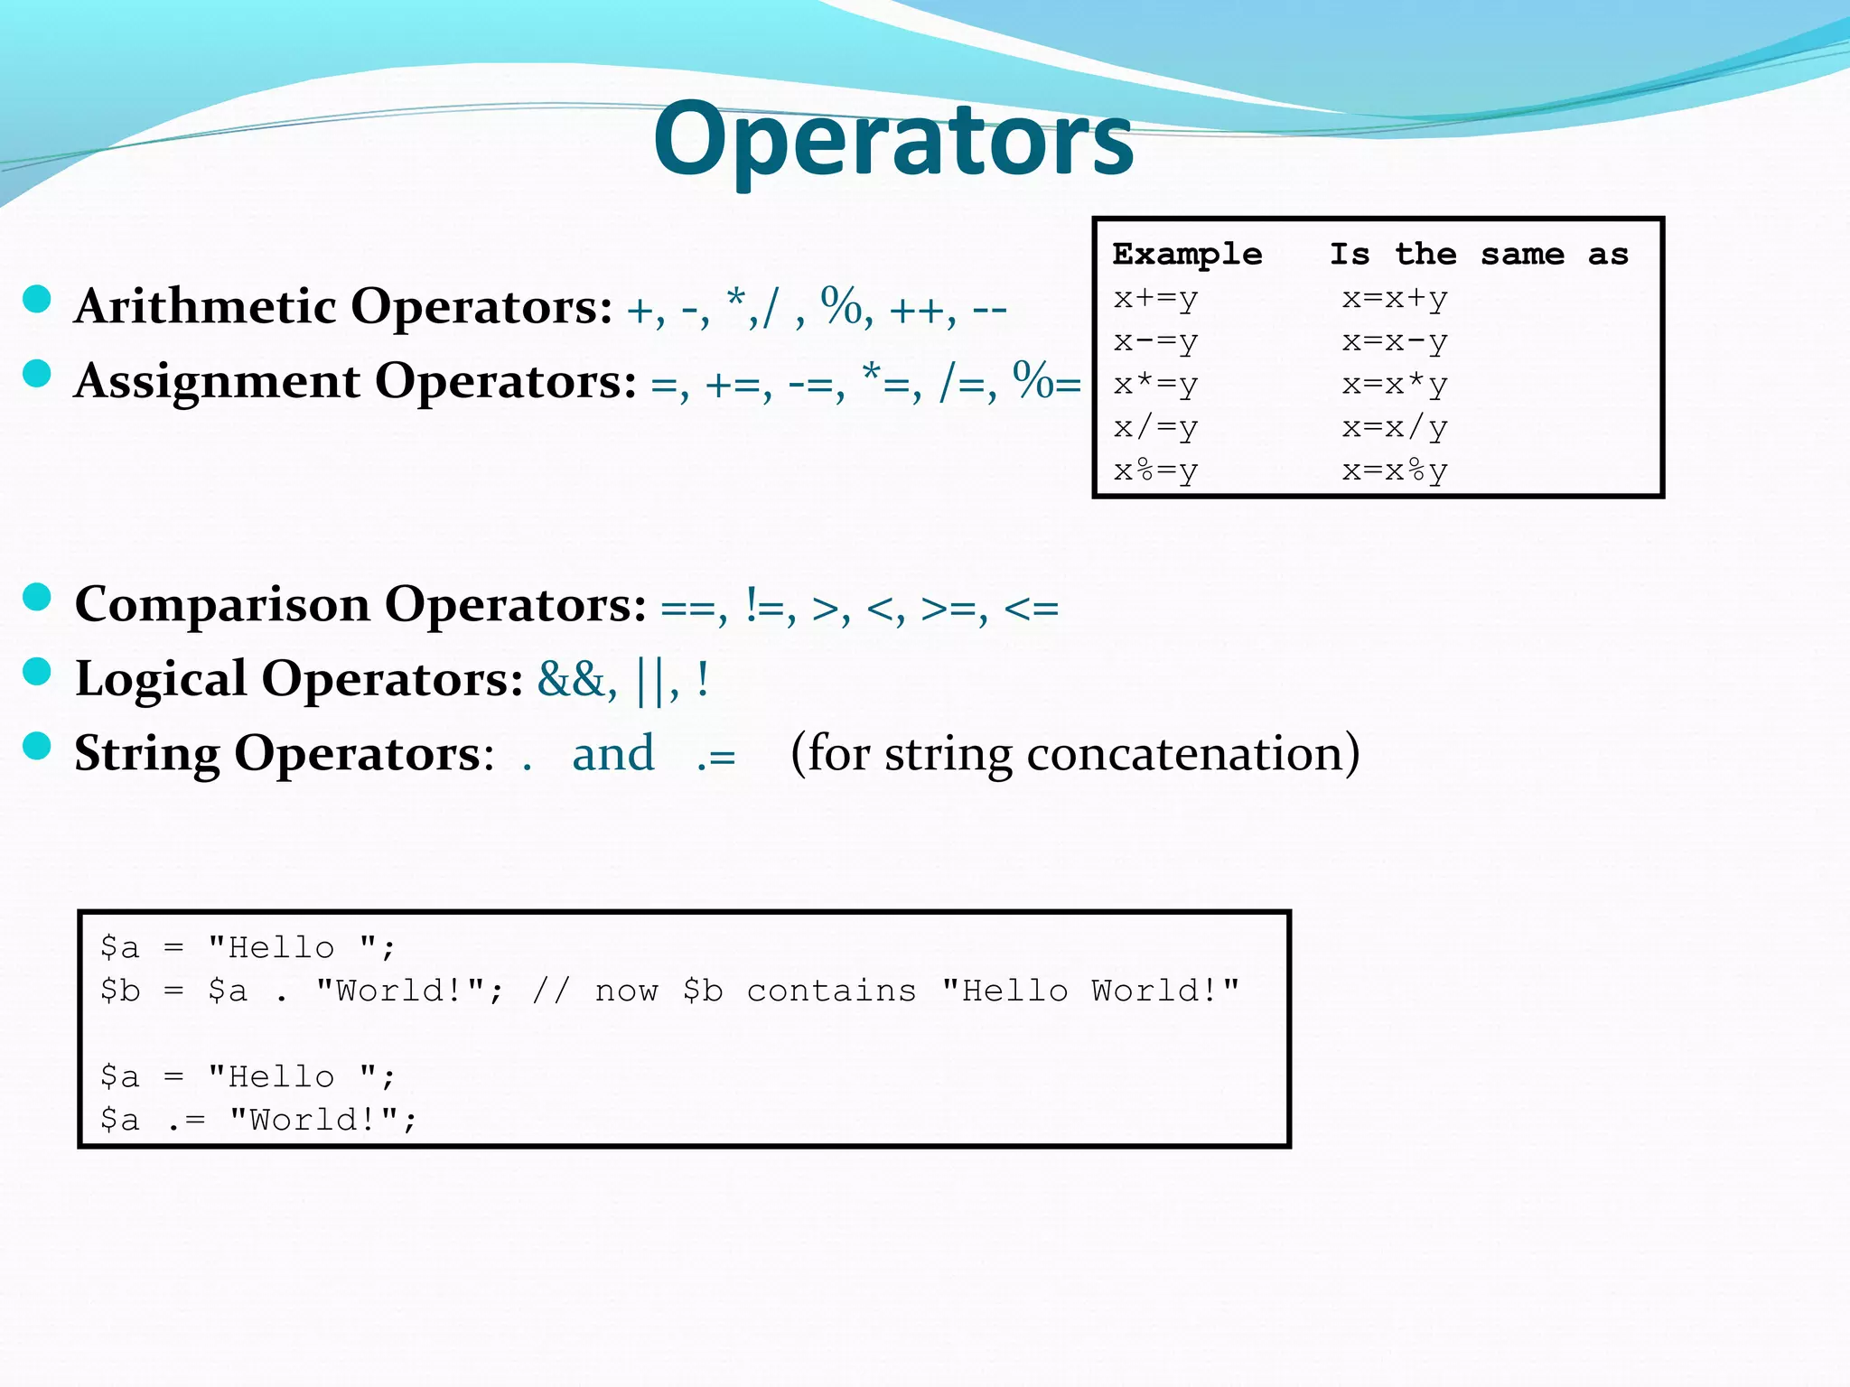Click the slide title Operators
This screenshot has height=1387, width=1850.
(892, 140)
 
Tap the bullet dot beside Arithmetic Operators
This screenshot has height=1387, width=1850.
(36, 299)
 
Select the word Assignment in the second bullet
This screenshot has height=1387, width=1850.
(218, 381)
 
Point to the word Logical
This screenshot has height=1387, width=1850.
(161, 678)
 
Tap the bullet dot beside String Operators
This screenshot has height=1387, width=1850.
(36, 746)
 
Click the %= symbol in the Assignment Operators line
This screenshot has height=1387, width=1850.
(1046, 381)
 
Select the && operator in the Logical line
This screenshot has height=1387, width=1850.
(572, 678)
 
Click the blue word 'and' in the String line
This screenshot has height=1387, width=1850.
(613, 753)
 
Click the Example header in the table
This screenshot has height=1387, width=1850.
(1187, 255)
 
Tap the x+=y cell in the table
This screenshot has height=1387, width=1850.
(1155, 299)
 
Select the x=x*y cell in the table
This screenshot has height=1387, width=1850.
(1395, 385)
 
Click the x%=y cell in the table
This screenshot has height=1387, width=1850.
(1155, 471)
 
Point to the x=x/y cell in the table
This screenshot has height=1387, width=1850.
(1395, 428)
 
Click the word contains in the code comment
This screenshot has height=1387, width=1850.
(831, 991)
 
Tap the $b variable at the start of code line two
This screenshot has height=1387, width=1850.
(120, 991)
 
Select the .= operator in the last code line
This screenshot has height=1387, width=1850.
(186, 1121)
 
